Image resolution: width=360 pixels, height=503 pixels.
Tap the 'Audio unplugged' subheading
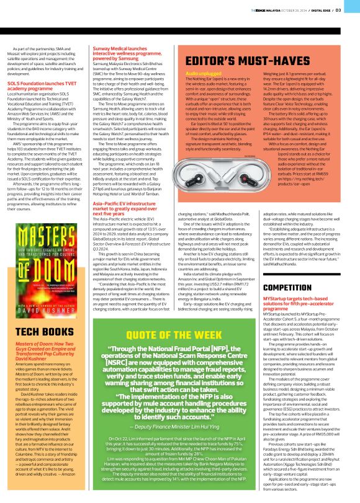click(191, 74)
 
